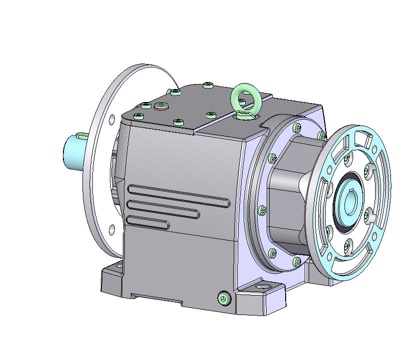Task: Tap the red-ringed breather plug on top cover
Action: [161, 105]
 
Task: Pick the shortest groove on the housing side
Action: [147, 222]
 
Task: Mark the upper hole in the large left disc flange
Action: [112, 119]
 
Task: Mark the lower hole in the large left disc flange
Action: [111, 229]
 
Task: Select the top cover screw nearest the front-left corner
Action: [138, 116]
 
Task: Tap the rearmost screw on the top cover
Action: [208, 85]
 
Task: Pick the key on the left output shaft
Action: [81, 135]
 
